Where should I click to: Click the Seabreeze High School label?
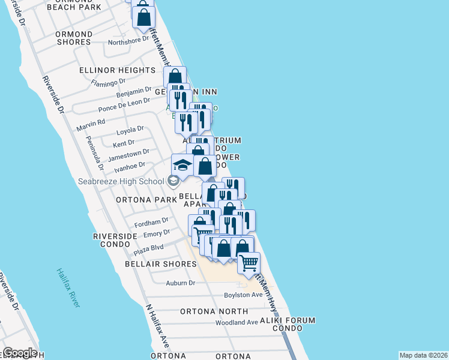pos(121,181)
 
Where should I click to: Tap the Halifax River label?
pos(68,288)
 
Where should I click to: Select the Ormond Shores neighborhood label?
pos(74,38)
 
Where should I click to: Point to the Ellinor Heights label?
pos(117,70)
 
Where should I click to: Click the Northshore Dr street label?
pos(128,40)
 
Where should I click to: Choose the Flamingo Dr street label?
pos(108,81)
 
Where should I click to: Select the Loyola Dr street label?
pos(130,129)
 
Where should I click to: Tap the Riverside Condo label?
pos(112,240)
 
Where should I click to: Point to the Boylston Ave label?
pos(244,295)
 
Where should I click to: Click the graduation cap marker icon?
pos(182,163)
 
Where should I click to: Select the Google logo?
pos(20,353)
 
